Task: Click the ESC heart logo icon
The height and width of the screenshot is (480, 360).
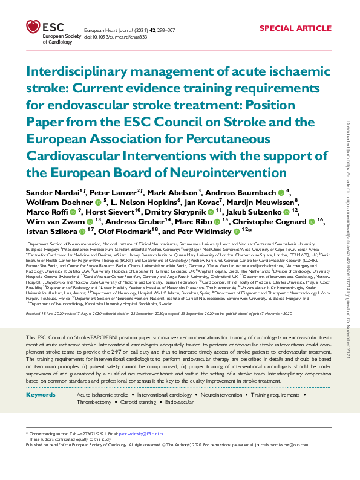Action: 33,27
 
